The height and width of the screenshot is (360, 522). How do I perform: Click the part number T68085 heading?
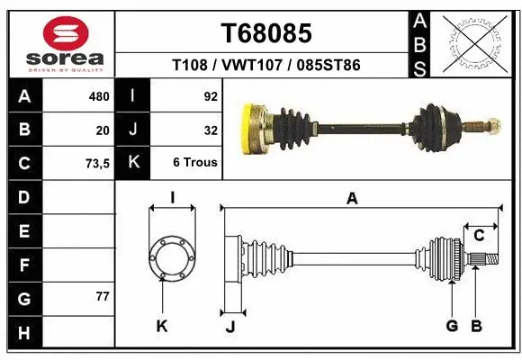(266, 33)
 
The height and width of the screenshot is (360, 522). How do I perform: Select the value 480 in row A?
(99, 95)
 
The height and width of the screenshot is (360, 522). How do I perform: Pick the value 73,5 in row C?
(96, 163)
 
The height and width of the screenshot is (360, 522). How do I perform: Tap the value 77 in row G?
(103, 296)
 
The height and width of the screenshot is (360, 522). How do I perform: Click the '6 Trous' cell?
(195, 163)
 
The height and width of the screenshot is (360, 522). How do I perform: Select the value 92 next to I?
(211, 95)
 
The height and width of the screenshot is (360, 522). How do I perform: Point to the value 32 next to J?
(211, 130)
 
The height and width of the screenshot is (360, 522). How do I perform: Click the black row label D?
(23, 196)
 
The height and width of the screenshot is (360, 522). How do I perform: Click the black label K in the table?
(132, 163)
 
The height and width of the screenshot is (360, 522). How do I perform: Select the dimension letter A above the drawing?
(352, 199)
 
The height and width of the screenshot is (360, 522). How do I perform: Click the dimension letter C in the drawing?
(480, 236)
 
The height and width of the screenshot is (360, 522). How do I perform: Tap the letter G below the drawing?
(452, 326)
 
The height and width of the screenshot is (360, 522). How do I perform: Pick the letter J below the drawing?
(230, 327)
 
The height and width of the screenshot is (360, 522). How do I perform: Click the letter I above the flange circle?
(172, 196)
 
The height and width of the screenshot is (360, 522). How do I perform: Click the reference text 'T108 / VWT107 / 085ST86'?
(266, 66)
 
